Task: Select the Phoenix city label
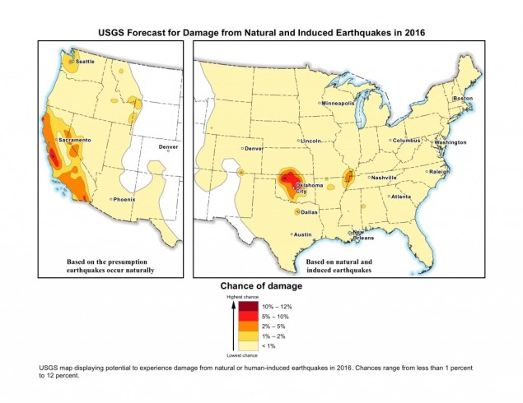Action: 124,199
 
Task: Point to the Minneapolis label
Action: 339,104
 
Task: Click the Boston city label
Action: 464,99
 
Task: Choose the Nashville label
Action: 384,178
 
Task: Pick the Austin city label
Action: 303,234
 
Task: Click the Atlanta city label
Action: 401,197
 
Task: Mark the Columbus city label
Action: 405,141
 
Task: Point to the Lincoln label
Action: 311,141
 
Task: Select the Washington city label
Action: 451,142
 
